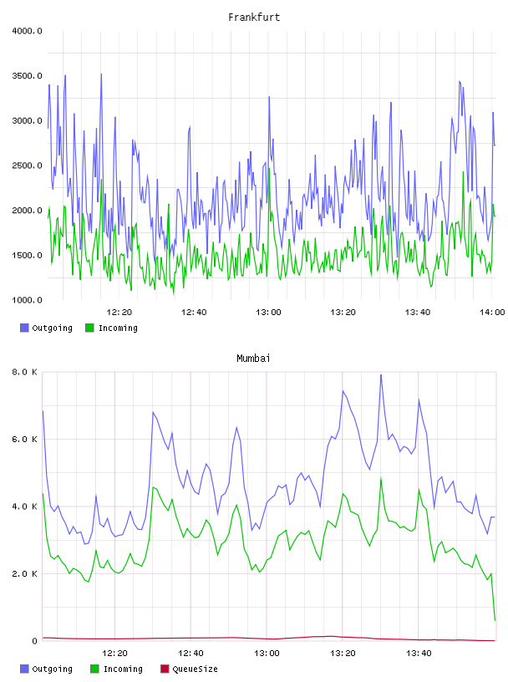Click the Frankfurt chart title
(x=254, y=18)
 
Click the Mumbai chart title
(x=253, y=359)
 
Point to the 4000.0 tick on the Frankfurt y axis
(x=27, y=31)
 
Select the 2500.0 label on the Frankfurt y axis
(x=27, y=165)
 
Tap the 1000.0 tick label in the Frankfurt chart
(x=27, y=300)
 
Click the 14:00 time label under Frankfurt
(x=492, y=313)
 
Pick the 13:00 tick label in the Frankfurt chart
(x=268, y=313)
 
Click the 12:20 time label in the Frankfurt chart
(x=119, y=313)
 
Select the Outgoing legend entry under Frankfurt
(x=46, y=328)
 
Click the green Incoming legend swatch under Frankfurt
(x=89, y=328)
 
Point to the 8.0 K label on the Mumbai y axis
(x=24, y=372)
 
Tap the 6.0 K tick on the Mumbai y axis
(x=24, y=440)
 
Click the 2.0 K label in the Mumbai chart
(x=24, y=573)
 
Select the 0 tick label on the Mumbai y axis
(x=35, y=641)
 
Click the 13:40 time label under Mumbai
(x=419, y=654)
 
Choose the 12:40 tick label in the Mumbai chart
(x=190, y=654)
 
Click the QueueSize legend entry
(x=189, y=669)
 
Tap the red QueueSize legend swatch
(x=165, y=669)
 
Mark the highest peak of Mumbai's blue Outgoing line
(x=381, y=374)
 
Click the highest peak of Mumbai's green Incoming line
(x=381, y=478)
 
